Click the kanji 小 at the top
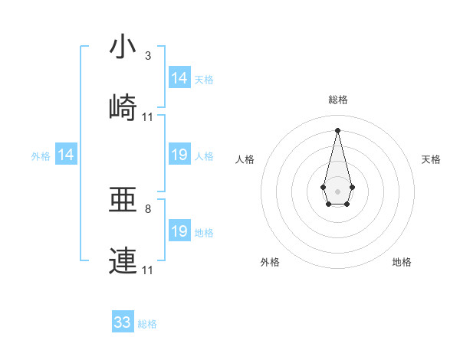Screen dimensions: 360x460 pyautogui.click(x=123, y=47)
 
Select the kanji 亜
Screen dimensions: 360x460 pyautogui.click(x=123, y=200)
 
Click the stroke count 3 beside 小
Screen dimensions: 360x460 pyautogui.click(x=147, y=56)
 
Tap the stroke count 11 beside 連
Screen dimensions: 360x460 pyautogui.click(x=148, y=270)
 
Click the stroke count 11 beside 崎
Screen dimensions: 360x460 pyautogui.click(x=148, y=117)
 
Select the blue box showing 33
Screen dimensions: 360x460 pyautogui.click(x=123, y=322)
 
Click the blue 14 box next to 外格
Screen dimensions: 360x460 pyautogui.click(x=66, y=155)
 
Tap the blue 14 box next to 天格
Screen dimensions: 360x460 pyautogui.click(x=179, y=78)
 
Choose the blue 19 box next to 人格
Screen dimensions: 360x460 pyautogui.click(x=179, y=155)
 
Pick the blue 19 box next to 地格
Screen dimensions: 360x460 pyautogui.click(x=179, y=231)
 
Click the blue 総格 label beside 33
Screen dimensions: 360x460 pyautogui.click(x=147, y=324)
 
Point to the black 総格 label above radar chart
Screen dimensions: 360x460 pyautogui.click(x=337, y=100)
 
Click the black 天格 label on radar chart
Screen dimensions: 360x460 pyautogui.click(x=431, y=159)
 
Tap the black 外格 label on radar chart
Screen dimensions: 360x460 pyautogui.click(x=270, y=262)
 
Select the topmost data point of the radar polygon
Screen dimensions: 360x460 pyautogui.click(x=337, y=129)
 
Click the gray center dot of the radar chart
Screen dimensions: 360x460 pyautogui.click(x=337, y=190)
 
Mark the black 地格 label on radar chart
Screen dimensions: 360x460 pyautogui.click(x=402, y=262)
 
